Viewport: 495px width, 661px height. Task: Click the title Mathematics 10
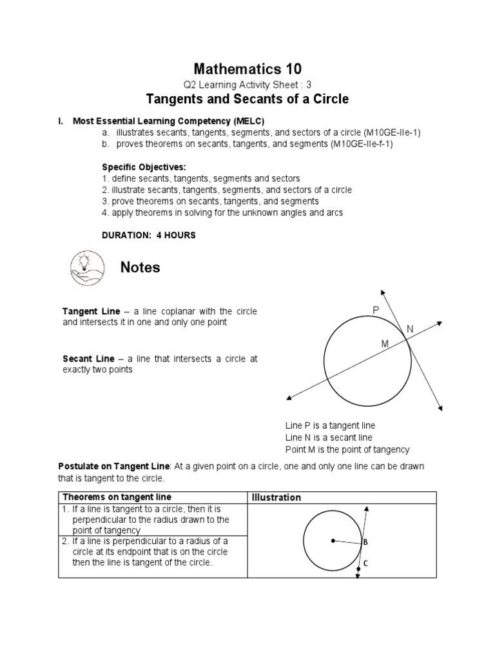(x=247, y=68)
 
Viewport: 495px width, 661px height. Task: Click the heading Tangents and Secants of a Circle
(x=247, y=99)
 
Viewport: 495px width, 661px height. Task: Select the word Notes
(x=140, y=267)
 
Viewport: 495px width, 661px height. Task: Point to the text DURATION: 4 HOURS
(x=148, y=236)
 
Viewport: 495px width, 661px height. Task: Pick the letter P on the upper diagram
(x=376, y=311)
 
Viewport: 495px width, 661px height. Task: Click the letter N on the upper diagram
(x=409, y=330)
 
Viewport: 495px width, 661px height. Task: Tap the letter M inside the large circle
(x=385, y=344)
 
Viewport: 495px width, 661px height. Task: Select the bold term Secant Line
(x=88, y=358)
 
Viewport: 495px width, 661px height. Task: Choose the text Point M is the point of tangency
(x=347, y=449)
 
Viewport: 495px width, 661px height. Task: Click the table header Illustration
(x=277, y=497)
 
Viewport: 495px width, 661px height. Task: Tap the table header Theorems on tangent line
(x=117, y=496)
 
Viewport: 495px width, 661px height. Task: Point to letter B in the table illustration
(x=365, y=542)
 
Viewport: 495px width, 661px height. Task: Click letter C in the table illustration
(x=365, y=563)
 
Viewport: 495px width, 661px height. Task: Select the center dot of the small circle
(x=333, y=540)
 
